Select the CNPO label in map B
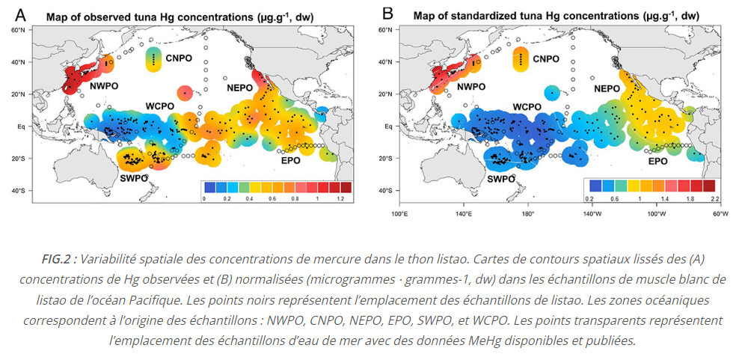click(x=546, y=58)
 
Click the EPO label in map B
click(x=657, y=161)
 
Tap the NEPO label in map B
click(x=607, y=88)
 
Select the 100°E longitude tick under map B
click(x=399, y=213)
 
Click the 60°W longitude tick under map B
click(x=720, y=213)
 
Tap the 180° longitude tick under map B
click(x=527, y=213)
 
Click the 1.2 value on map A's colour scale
click(x=341, y=199)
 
